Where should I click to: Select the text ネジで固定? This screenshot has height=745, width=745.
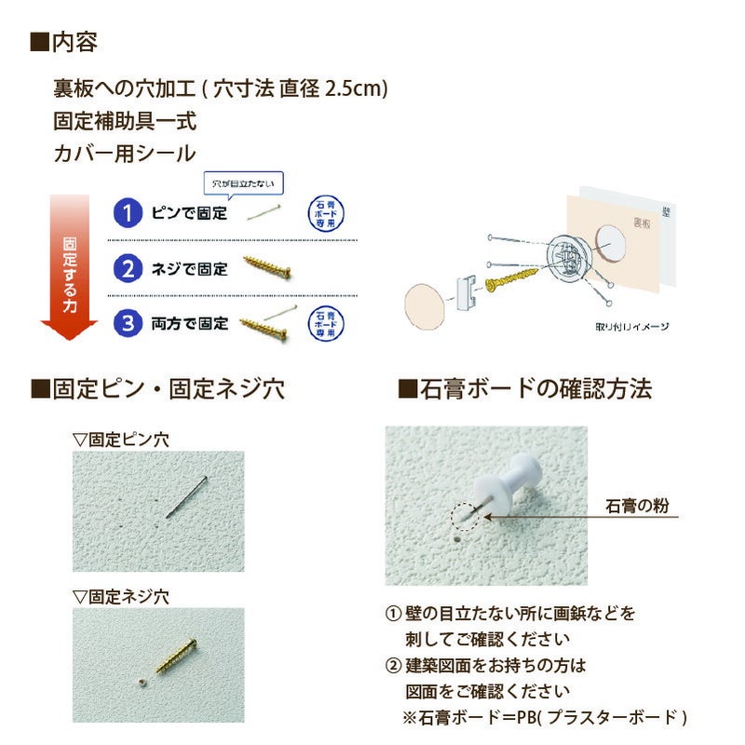pos(189,270)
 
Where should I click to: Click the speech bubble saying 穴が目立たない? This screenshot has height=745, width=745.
pos(243,183)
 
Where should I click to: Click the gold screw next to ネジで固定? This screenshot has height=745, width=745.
pos(269,268)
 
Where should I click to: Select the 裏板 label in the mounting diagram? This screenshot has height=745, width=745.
pos(642,223)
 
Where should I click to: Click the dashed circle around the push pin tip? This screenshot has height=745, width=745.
pos(464,516)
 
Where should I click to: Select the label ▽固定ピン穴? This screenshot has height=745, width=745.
pos(121,437)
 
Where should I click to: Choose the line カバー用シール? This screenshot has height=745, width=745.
pos(125,154)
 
